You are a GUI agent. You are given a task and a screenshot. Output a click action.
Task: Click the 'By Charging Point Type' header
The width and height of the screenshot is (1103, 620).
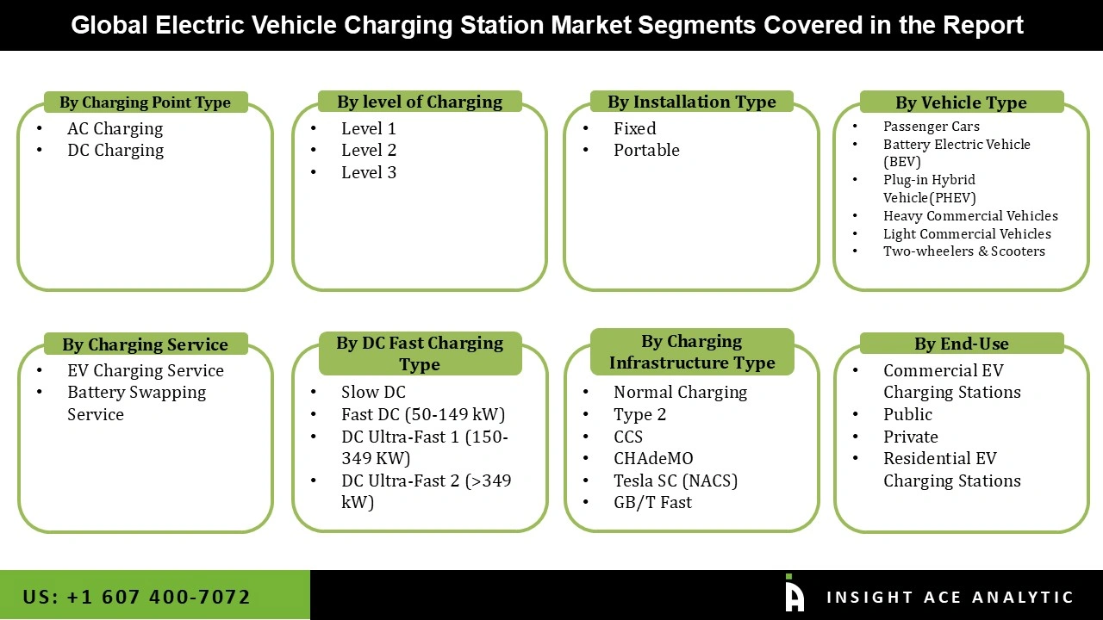click(145, 102)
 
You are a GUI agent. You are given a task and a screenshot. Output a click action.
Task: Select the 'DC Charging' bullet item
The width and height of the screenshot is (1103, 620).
click(115, 150)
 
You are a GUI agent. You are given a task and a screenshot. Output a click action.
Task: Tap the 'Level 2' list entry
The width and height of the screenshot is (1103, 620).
click(369, 150)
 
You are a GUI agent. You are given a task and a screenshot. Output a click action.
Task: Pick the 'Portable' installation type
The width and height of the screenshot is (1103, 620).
click(646, 150)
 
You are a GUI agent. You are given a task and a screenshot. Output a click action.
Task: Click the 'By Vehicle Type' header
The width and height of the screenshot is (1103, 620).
click(961, 102)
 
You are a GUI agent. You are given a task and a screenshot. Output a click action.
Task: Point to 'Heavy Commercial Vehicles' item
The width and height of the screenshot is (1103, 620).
click(970, 215)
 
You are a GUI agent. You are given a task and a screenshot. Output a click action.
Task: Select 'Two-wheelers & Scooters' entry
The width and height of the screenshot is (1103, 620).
click(964, 251)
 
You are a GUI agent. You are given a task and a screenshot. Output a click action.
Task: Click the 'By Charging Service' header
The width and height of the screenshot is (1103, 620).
click(145, 344)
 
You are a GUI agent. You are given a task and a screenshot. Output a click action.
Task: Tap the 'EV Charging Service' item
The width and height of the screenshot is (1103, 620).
click(146, 370)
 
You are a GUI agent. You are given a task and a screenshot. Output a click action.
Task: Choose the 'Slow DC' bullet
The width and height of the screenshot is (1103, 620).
click(373, 392)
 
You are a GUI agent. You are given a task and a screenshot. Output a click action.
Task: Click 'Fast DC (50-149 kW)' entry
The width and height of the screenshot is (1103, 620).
click(423, 414)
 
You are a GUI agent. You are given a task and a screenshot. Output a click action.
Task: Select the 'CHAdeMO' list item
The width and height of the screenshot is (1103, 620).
click(653, 458)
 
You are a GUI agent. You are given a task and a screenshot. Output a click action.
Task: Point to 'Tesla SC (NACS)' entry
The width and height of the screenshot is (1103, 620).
click(676, 480)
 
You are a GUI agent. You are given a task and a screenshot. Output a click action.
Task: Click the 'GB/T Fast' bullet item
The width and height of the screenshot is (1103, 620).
click(652, 502)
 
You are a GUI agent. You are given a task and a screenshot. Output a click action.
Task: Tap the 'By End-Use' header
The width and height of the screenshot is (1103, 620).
click(961, 344)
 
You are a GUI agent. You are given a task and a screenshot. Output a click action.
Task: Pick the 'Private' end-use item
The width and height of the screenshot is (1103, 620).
click(911, 437)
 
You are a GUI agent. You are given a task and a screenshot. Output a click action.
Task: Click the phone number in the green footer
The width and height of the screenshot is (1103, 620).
click(137, 597)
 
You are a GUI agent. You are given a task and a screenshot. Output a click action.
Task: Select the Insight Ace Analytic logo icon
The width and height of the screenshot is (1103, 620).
click(795, 594)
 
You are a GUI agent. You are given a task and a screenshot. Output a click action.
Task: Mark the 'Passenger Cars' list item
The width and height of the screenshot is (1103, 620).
click(932, 126)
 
